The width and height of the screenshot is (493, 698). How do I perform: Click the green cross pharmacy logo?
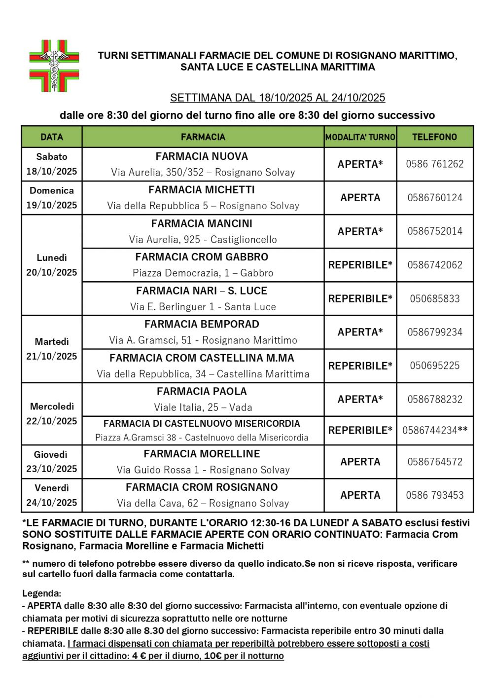pos(54,66)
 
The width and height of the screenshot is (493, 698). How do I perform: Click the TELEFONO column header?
pos(434,137)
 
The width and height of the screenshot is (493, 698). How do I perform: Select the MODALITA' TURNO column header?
pos(360,137)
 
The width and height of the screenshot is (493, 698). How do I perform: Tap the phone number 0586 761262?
pos(434,164)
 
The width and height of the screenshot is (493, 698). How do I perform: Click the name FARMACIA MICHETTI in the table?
pos(202,190)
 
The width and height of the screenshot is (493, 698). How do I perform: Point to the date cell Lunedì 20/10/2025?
pos(52,265)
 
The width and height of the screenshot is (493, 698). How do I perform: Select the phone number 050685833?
pos(434,298)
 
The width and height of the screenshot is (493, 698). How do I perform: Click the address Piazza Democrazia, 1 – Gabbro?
pos(203,273)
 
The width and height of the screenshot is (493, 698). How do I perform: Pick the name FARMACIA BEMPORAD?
pos(202,324)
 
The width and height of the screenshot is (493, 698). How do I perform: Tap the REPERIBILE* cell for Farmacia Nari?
pos(360,298)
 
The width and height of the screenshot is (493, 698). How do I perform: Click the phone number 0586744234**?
pos(434,431)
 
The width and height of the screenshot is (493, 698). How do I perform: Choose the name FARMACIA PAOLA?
pos(202,392)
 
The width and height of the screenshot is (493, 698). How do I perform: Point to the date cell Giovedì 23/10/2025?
pos(52,462)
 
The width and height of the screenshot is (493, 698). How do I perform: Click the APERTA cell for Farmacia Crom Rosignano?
pos(360,495)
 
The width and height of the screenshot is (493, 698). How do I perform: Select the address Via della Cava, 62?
pos(203,503)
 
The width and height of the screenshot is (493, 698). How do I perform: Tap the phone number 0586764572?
pos(434,462)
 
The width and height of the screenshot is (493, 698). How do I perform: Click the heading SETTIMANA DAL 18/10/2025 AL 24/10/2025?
pos(278,98)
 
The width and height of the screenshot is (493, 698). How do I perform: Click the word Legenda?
pos(41,593)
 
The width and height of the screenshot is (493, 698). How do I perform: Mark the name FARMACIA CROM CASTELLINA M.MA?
pos(202,358)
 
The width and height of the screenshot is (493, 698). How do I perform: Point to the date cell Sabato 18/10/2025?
pos(52,164)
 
